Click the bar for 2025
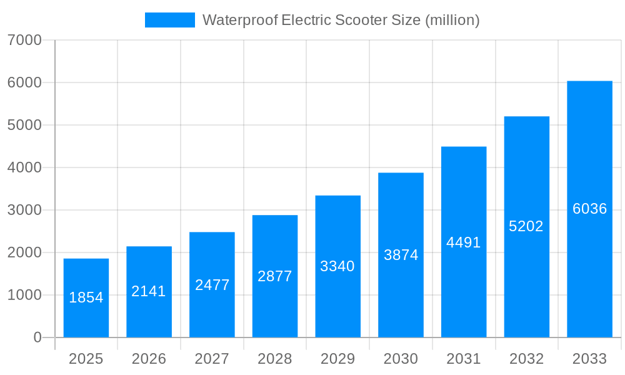coord(86,298)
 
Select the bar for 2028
coord(275,276)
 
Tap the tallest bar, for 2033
coord(589,209)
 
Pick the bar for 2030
coord(401,255)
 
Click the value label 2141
coord(149,291)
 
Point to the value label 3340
coord(337,266)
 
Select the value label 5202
coord(526,226)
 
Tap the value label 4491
coord(464,242)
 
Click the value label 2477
coord(212,285)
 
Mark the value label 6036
coord(589,209)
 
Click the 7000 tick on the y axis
coord(24,40)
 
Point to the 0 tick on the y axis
coord(37,337)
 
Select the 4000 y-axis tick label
coord(24,167)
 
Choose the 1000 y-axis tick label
coord(24,295)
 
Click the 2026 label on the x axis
coord(149,359)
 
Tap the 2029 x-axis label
coord(337,359)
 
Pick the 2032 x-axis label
coord(526,359)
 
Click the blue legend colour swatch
coord(169,20)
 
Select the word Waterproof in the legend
coord(240,20)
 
